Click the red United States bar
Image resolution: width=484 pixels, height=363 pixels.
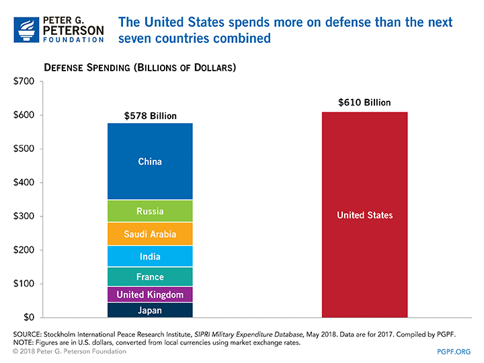pyautogui.click(x=364, y=215)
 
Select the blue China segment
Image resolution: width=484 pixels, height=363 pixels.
pyautogui.click(x=150, y=161)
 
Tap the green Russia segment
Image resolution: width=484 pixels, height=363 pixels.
pyautogui.click(x=150, y=211)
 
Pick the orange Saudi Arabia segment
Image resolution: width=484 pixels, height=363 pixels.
pyautogui.click(x=150, y=234)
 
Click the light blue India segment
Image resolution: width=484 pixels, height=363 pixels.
pyautogui.click(x=150, y=256)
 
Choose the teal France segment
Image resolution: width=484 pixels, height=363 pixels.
pyautogui.click(x=150, y=277)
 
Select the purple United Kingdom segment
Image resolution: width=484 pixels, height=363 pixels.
pyautogui.click(x=150, y=294)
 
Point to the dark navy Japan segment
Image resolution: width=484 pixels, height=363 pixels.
pyautogui.click(x=150, y=310)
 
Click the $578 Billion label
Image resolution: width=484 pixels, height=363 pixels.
pyautogui.click(x=151, y=116)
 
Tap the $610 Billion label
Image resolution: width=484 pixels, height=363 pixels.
pyautogui.click(x=364, y=104)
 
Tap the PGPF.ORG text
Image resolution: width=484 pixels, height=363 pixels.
pyautogui.click(x=454, y=352)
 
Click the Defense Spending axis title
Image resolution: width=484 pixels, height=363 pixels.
pyautogui.click(x=140, y=69)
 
